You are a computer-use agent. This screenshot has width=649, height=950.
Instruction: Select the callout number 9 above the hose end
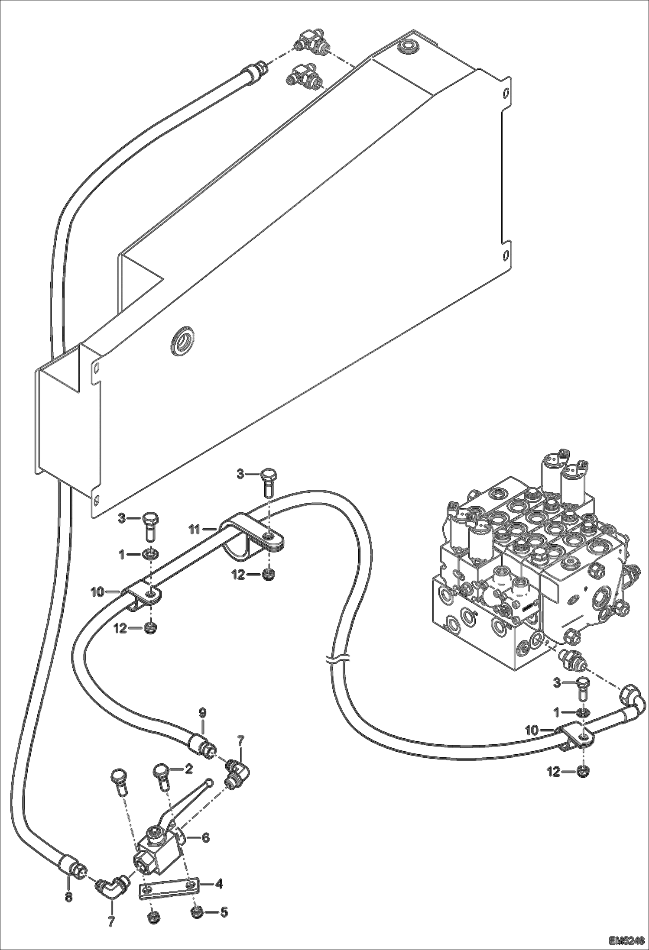click(x=203, y=712)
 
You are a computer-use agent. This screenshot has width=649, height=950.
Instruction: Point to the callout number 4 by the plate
click(x=219, y=884)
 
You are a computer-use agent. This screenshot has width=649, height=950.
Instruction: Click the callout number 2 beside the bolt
click(x=188, y=769)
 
